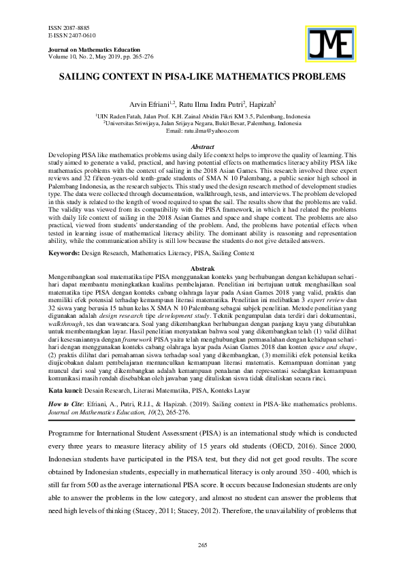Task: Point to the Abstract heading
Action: (x=202, y=147)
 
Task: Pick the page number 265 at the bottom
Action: (x=202, y=546)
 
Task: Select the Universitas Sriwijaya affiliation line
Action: (x=202, y=124)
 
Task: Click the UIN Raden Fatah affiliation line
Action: (x=202, y=116)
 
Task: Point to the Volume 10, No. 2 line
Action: (x=97, y=57)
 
